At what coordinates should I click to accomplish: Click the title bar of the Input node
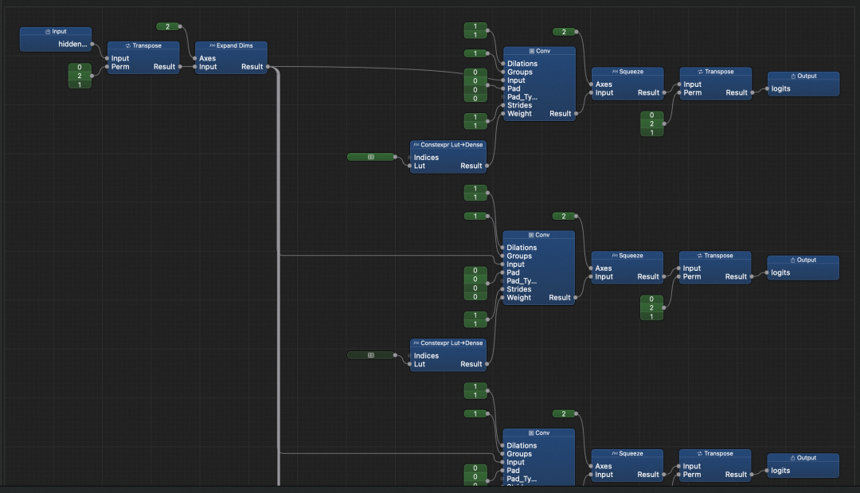pos(55,32)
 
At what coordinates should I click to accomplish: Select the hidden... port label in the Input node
pos(72,44)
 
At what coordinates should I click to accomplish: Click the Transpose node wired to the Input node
pos(143,46)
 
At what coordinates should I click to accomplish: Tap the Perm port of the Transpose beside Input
pos(120,67)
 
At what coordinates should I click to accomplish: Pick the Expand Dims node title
pos(231,46)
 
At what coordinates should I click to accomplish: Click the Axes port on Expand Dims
pos(207,58)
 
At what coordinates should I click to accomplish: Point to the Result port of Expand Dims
pos(252,67)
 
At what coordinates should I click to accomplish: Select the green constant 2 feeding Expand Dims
pos(168,27)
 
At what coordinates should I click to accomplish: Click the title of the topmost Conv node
pos(539,51)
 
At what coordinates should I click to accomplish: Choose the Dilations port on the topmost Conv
pos(522,64)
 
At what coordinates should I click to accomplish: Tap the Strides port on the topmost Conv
pos(519,105)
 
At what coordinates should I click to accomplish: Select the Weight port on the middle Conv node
pos(519,297)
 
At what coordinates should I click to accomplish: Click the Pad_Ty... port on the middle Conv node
pos(522,280)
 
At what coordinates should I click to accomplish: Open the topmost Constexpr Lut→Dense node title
pos(447,145)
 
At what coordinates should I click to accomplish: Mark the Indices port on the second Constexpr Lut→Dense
pos(426,355)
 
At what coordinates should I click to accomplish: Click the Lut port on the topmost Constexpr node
pos(420,166)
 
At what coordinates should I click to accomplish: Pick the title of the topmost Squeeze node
pos(627,72)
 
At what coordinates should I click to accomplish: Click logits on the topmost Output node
pos(780,88)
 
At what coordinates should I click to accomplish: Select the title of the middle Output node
pos(803,260)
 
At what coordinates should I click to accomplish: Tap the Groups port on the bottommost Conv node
pos(519,454)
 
